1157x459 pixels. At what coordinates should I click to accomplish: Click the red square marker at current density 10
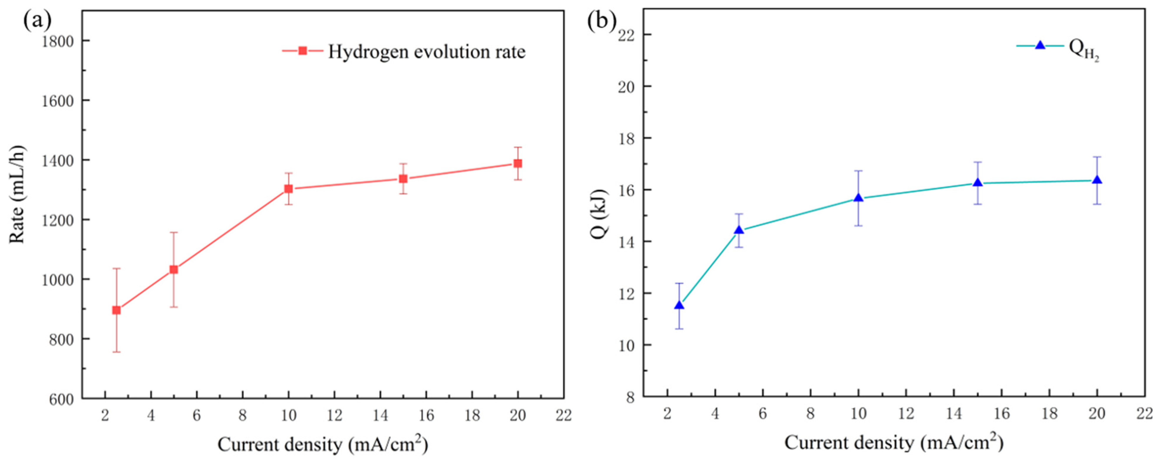coord(288,189)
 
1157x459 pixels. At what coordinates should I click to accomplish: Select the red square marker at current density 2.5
coord(116,310)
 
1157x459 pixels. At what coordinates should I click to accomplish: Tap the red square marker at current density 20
coord(518,163)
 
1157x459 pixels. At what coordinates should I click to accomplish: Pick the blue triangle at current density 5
coord(739,231)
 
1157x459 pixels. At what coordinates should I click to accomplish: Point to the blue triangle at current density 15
coord(978,183)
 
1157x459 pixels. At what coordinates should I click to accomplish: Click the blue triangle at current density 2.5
coord(679,305)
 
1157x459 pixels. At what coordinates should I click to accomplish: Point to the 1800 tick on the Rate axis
coord(58,41)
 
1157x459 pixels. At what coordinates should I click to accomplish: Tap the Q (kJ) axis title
coord(601,214)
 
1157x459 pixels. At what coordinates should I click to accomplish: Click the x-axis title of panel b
coord(894,443)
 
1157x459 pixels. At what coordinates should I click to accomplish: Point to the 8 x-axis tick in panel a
coord(242,415)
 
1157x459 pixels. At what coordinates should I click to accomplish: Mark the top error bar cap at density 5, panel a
coord(174,232)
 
